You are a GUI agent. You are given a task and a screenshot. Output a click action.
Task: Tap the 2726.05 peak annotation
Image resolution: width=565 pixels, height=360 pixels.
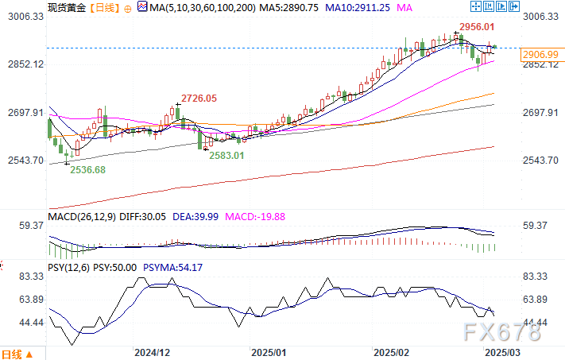point(199,99)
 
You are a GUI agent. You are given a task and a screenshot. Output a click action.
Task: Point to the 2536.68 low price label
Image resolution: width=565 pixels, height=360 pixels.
point(87,169)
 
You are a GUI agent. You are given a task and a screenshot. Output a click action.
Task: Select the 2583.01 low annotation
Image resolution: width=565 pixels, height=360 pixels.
point(226,156)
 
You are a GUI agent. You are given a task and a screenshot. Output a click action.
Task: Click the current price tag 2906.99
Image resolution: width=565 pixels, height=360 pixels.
point(540,53)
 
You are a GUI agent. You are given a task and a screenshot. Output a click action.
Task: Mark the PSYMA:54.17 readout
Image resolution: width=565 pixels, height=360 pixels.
point(174,267)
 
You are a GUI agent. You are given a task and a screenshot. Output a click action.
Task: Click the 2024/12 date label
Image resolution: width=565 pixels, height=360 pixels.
point(153,350)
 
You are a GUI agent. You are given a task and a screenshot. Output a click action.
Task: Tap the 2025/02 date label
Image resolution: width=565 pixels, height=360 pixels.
point(391,350)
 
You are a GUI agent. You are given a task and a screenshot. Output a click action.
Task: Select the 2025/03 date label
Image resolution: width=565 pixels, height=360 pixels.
point(503,350)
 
